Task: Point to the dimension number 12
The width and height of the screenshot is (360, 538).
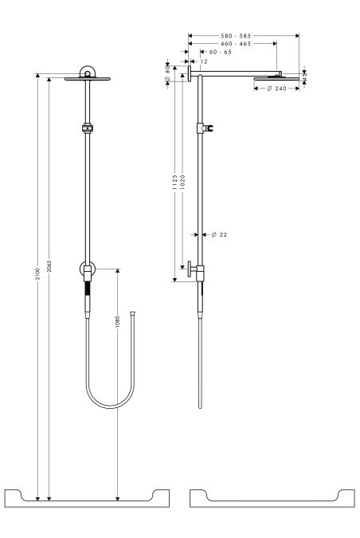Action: click(x=205, y=61)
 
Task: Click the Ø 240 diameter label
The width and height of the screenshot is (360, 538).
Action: click(x=275, y=88)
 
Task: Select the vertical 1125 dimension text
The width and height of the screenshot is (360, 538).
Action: click(x=174, y=184)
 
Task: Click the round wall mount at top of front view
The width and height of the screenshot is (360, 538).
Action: click(x=87, y=74)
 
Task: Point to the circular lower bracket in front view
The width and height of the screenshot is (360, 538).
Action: click(x=87, y=270)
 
